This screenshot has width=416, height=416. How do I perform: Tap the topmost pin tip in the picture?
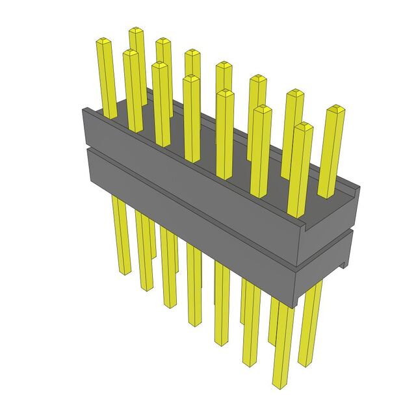136,31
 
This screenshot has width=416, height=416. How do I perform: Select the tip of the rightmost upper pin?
335,109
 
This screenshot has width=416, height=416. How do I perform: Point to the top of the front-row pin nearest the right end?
303,127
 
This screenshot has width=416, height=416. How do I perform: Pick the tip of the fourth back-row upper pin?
224,65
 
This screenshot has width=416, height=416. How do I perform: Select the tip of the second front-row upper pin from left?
160,65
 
